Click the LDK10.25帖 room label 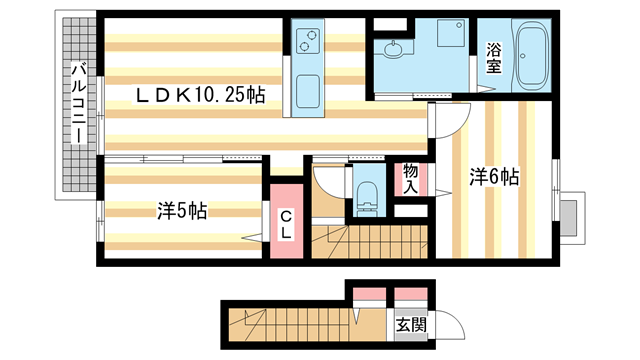tap(201, 96)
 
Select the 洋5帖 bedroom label tap(181, 212)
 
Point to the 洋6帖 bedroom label tap(494, 177)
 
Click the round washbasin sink tap(391, 49)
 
